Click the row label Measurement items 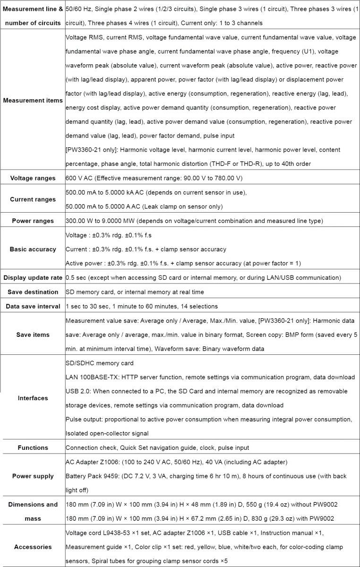33,100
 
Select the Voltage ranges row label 33,178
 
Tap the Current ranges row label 33,199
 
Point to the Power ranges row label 33,221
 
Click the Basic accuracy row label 33,249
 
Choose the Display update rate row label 33,277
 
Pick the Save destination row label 33,292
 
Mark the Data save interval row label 33,306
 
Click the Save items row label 33,335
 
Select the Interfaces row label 33,398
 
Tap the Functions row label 33,447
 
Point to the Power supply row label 33,476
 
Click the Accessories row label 33,547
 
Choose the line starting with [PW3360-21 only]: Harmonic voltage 202,150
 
